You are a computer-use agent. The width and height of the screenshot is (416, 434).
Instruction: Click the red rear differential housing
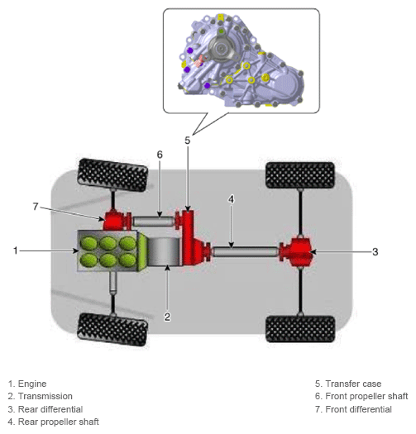point(296,251)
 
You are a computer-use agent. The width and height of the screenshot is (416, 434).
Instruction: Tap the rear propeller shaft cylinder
point(246,251)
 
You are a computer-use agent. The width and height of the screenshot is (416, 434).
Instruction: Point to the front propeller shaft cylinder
point(153,222)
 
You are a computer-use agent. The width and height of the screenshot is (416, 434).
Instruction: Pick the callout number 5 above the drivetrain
point(188,141)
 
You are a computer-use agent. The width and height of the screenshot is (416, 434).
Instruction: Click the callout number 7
point(36,206)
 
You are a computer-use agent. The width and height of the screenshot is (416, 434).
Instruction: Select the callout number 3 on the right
point(375,251)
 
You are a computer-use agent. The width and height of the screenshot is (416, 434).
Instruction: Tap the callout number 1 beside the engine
point(16,250)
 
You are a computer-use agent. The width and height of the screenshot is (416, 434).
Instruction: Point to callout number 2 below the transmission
point(167,317)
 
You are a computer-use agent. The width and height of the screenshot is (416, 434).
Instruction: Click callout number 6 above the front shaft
point(160,155)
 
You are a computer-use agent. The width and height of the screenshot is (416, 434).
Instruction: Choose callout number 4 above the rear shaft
point(231,199)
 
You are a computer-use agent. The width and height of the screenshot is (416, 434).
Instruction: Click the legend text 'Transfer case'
point(353,384)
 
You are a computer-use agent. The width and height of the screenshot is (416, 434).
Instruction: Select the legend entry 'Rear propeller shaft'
point(53,422)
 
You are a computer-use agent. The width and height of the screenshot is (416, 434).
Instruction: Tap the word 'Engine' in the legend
point(32,384)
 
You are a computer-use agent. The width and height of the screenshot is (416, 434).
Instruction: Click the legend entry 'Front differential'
point(353,409)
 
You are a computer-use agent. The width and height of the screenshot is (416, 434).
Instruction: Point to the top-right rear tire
point(300,175)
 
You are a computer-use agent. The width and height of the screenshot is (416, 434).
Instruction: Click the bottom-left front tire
point(112,329)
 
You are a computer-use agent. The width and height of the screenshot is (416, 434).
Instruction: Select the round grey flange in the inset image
point(221,50)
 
